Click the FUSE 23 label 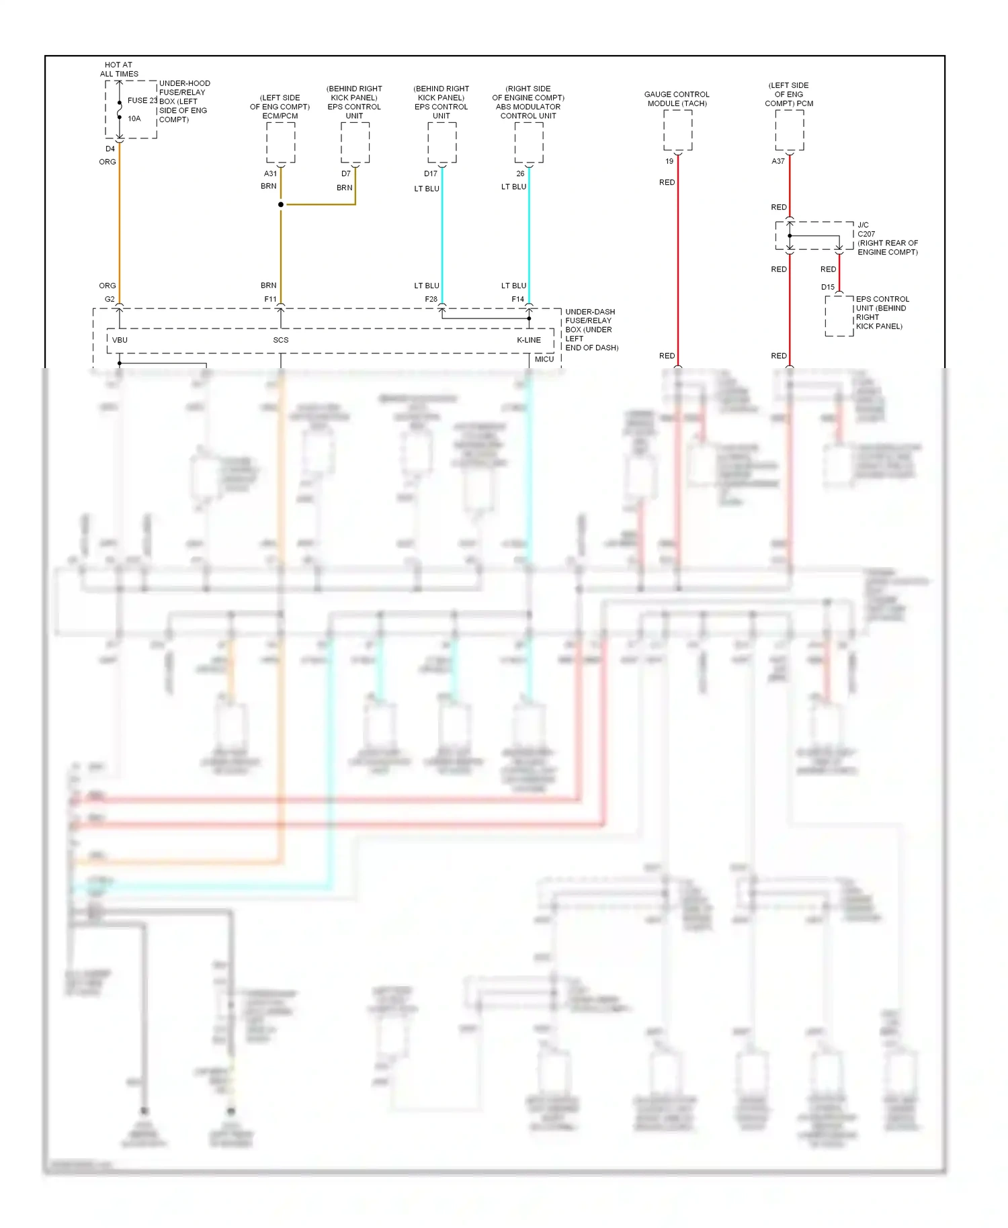[x=142, y=101]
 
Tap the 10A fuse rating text [x=134, y=119]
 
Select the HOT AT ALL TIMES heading [x=119, y=69]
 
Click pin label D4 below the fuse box [x=110, y=149]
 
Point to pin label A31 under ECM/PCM [x=270, y=174]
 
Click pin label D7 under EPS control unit [x=345, y=174]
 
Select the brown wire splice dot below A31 [x=281, y=204]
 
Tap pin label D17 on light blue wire [x=431, y=174]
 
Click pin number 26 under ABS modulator [x=520, y=174]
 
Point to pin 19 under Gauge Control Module [x=669, y=161]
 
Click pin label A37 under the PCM [x=778, y=161]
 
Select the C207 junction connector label [x=866, y=234]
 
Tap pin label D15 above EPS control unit [x=828, y=287]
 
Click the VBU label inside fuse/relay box [x=120, y=340]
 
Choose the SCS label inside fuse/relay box [x=281, y=340]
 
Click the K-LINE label [x=529, y=340]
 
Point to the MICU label [x=544, y=359]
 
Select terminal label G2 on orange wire [x=110, y=300]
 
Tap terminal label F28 [x=431, y=300]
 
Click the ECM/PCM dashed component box [x=281, y=143]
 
